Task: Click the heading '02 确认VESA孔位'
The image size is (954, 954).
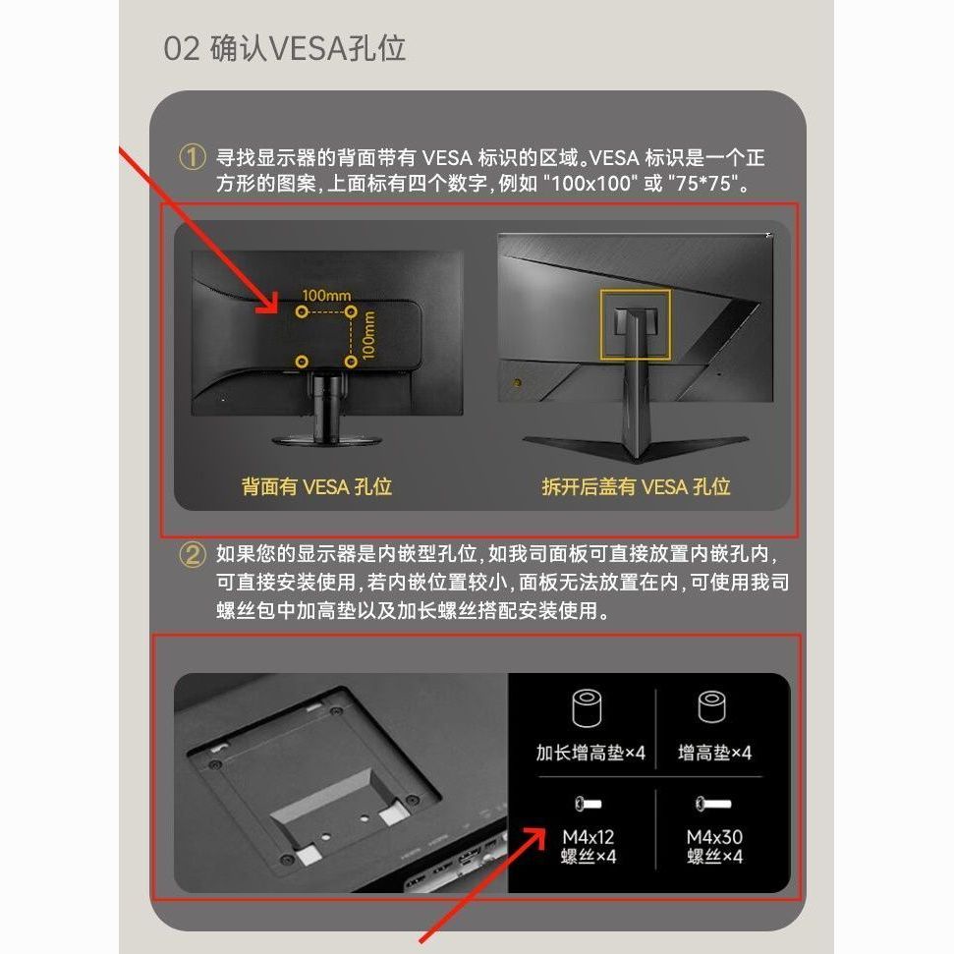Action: pyautogui.click(x=284, y=48)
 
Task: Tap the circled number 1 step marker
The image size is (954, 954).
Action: pyautogui.click(x=192, y=157)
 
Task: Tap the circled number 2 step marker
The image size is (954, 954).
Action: pyautogui.click(x=192, y=555)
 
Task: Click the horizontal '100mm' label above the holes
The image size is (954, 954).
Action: pyautogui.click(x=326, y=296)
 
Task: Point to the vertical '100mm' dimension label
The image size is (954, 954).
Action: pyautogui.click(x=368, y=335)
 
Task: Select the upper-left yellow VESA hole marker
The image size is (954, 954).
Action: pyautogui.click(x=302, y=311)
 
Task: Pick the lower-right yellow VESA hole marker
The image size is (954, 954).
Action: pyautogui.click(x=351, y=362)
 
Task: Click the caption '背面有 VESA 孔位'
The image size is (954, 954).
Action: pyautogui.click(x=316, y=486)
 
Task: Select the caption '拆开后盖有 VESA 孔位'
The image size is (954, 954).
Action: pyautogui.click(x=636, y=486)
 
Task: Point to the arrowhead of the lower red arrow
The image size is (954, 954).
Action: pyautogui.click(x=535, y=835)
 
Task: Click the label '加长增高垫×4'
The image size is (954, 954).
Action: pyautogui.click(x=590, y=754)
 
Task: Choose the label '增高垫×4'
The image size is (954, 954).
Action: pyautogui.click(x=714, y=754)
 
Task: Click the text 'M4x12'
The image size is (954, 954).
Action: pyautogui.click(x=589, y=837)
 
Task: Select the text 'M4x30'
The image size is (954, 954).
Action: pyautogui.click(x=714, y=837)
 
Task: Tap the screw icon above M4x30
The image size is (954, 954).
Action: pyautogui.click(x=713, y=805)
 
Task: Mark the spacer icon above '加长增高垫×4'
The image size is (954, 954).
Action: pyautogui.click(x=588, y=707)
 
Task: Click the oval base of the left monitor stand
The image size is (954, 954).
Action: pyautogui.click(x=327, y=440)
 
